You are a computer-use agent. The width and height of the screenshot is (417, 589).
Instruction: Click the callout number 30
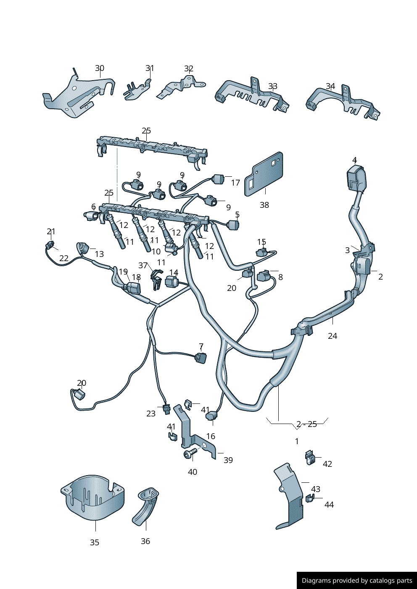coord(100,68)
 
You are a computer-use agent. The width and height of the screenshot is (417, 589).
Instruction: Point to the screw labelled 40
coord(190,453)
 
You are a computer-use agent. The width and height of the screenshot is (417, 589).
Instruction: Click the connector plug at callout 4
coord(356,178)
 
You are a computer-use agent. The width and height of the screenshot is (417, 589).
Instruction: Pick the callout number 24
coord(333,336)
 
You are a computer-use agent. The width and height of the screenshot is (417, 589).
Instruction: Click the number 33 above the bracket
coord(273,86)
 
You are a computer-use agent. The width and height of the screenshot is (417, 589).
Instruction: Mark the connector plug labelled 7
coord(201,358)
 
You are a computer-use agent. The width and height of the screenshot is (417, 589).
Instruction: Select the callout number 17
coord(235,183)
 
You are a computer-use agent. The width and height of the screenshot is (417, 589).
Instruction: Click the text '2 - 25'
coord(306,424)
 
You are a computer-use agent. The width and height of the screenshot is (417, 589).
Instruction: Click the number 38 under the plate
coord(264,205)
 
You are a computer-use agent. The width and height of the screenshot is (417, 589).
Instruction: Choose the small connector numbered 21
coord(51,245)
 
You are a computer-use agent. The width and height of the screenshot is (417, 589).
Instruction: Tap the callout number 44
coord(329,505)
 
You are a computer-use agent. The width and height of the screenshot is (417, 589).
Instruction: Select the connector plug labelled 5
coord(233,225)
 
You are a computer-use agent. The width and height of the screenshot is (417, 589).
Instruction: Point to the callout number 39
coord(228,460)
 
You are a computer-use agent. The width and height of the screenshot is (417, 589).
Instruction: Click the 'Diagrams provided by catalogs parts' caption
coord(357,581)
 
